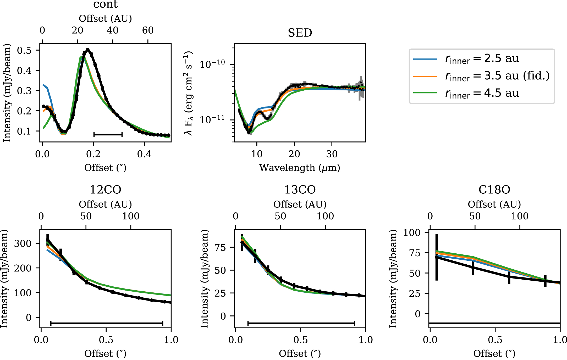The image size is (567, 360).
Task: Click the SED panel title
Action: pyautogui.click(x=300, y=33)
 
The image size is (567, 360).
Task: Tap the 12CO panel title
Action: pyautogui.click(x=106, y=190)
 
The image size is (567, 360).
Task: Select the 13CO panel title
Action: pyautogui.click(x=300, y=190)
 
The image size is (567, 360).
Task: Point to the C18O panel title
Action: pyautogui.click(x=494, y=190)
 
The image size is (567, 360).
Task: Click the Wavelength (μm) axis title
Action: pyautogui.click(x=300, y=168)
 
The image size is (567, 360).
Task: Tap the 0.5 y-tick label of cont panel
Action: pyautogui.click(x=24, y=50)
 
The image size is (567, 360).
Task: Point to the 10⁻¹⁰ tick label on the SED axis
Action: pyautogui.click(x=212, y=64)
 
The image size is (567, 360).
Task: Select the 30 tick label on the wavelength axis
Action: pyautogui.click(x=332, y=154)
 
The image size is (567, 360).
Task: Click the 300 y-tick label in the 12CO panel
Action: pyautogui.click(x=23, y=243)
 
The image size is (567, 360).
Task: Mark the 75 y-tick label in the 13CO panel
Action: pyautogui.click(x=220, y=247)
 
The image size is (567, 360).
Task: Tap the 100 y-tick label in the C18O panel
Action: pyautogui.click(x=412, y=232)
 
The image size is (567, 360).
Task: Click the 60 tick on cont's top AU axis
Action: pyautogui.click(x=148, y=31)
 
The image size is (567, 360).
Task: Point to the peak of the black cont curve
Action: pyautogui.click(x=88, y=49)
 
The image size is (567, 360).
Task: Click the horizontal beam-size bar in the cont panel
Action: pyautogui.click(x=108, y=134)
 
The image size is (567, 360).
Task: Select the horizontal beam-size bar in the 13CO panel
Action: pyautogui.click(x=301, y=323)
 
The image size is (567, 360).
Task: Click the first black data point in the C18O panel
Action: pyautogui.click(x=437, y=257)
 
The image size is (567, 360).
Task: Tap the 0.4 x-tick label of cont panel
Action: pyautogui.click(x=144, y=154)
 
